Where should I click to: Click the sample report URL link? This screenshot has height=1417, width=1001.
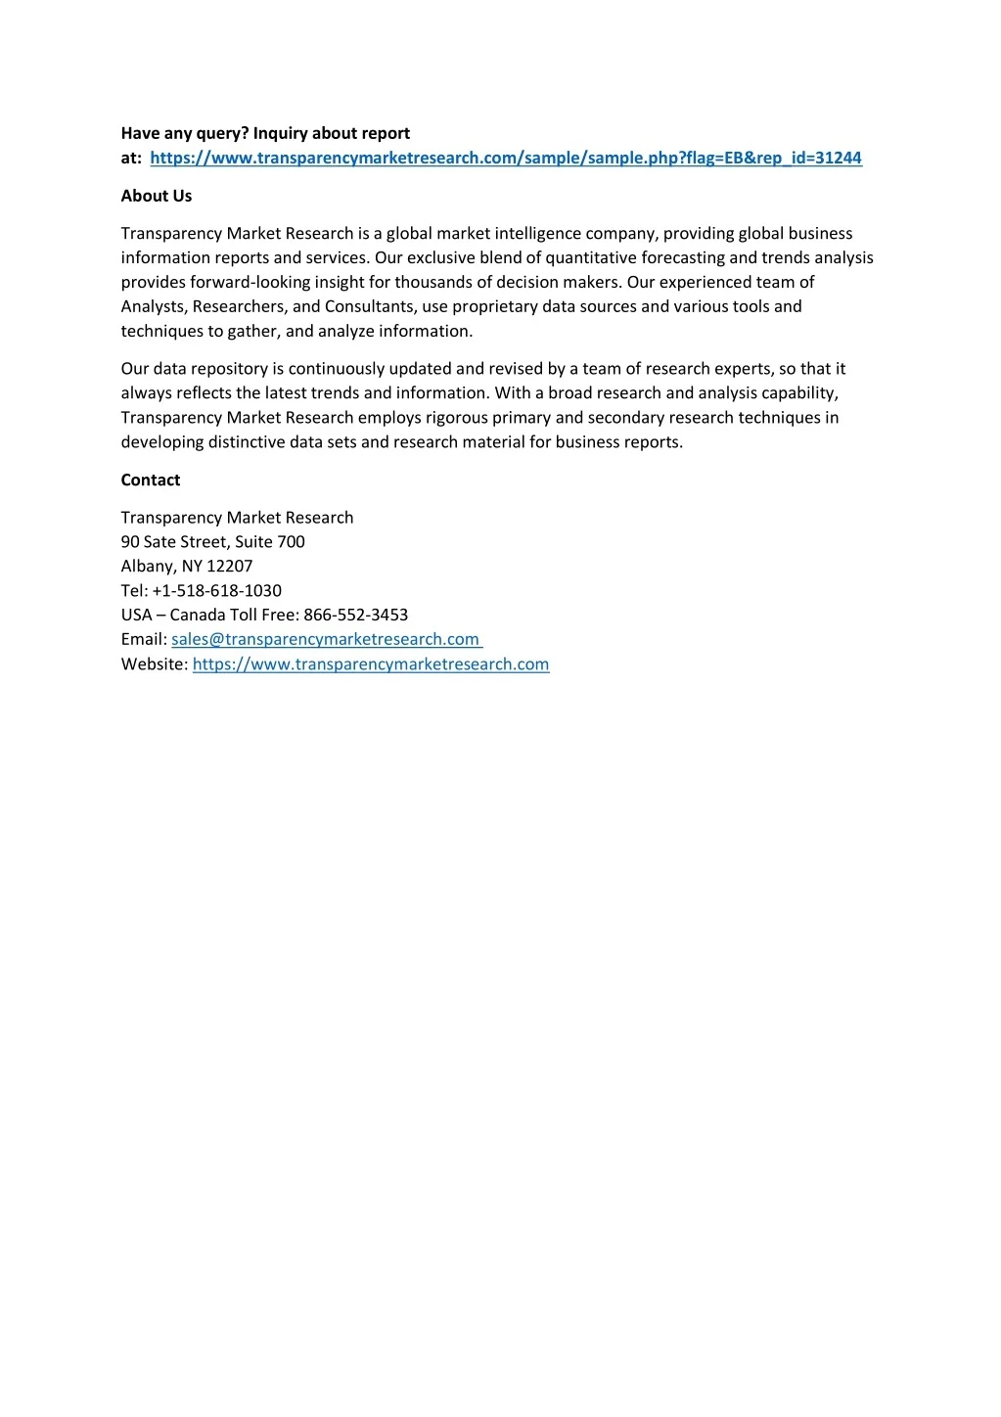[x=506, y=158]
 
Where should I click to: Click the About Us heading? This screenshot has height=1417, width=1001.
[x=157, y=196]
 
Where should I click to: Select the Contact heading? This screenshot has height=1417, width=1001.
[x=151, y=480]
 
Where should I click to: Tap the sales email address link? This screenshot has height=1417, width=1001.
[x=325, y=639]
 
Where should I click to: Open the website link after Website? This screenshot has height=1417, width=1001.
[x=371, y=663]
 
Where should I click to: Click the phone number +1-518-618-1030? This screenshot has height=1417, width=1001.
[x=217, y=590]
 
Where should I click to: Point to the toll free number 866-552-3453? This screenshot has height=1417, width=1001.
[x=356, y=615]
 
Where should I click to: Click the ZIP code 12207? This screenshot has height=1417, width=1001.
[x=230, y=566]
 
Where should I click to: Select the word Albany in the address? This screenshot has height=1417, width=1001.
[x=148, y=566]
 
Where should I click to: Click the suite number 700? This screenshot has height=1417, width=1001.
[x=292, y=541]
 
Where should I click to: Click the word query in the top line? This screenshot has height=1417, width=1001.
[x=222, y=133]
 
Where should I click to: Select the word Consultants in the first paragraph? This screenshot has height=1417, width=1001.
[x=371, y=306]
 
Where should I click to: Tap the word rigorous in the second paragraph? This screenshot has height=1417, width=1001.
[x=457, y=418]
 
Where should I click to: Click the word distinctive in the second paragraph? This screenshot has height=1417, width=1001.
[x=247, y=441]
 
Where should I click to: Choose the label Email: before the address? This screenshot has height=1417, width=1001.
[x=144, y=639]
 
